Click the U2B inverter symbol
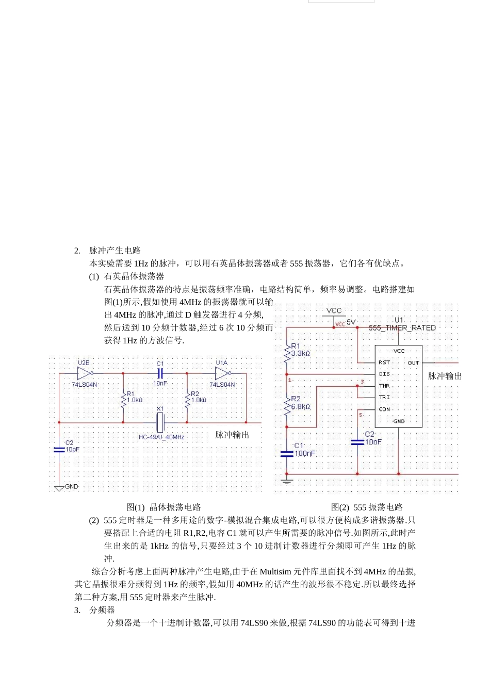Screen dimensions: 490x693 point(85,373)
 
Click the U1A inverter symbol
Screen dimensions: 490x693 point(222,373)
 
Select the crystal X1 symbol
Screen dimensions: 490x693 point(160,422)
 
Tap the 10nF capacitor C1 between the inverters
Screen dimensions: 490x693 point(160,373)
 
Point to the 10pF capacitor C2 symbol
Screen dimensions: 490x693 point(59,449)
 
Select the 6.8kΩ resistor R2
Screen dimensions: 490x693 point(287,406)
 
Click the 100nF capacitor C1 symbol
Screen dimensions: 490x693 point(287,454)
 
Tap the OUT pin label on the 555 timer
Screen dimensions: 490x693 point(414,363)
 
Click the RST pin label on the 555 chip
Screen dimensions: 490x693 point(384,362)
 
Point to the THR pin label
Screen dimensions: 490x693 point(384,386)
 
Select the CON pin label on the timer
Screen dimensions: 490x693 point(384,409)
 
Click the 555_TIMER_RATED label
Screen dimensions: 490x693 point(402,328)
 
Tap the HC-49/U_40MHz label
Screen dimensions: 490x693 point(161,437)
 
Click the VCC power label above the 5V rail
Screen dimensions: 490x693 point(334,310)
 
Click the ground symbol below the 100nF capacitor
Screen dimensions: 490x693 point(287,482)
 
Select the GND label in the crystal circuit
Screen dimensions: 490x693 point(71,486)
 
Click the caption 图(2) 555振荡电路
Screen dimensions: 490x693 point(367,507)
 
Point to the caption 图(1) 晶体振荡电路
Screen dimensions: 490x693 point(164,507)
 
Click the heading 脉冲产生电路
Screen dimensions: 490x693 point(115,251)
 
